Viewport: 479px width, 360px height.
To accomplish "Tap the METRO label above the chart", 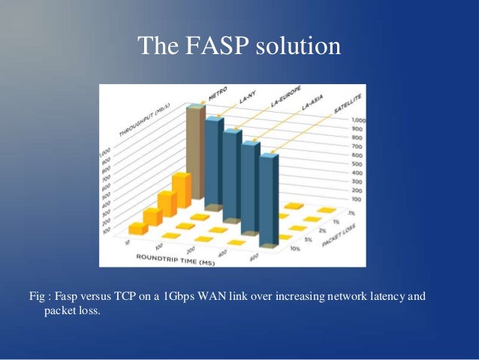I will (217, 98).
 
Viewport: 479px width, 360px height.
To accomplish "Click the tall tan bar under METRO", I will (195, 154).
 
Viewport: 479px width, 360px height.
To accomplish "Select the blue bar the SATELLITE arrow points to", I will (270, 199).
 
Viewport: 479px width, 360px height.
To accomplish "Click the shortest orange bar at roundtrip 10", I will (137, 227).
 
